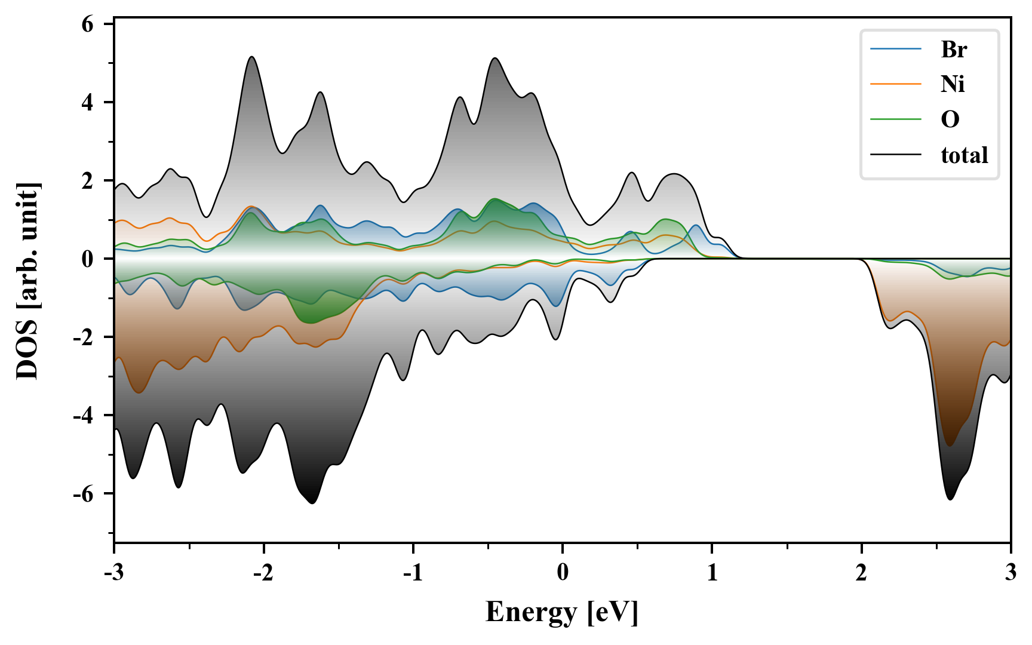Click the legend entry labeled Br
coord(953,50)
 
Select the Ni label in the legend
coord(953,84)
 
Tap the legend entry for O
coord(950,119)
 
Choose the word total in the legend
coord(964,155)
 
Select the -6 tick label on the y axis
coord(84,494)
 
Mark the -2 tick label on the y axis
coord(84,337)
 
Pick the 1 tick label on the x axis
coord(712,573)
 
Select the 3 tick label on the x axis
coord(1010,573)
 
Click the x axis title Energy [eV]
coord(562,612)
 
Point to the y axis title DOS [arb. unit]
coord(27,281)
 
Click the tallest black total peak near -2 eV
coord(251,57)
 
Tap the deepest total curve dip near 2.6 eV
coord(950,499)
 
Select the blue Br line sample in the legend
coord(895,49)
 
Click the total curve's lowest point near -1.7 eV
coord(312,503)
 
